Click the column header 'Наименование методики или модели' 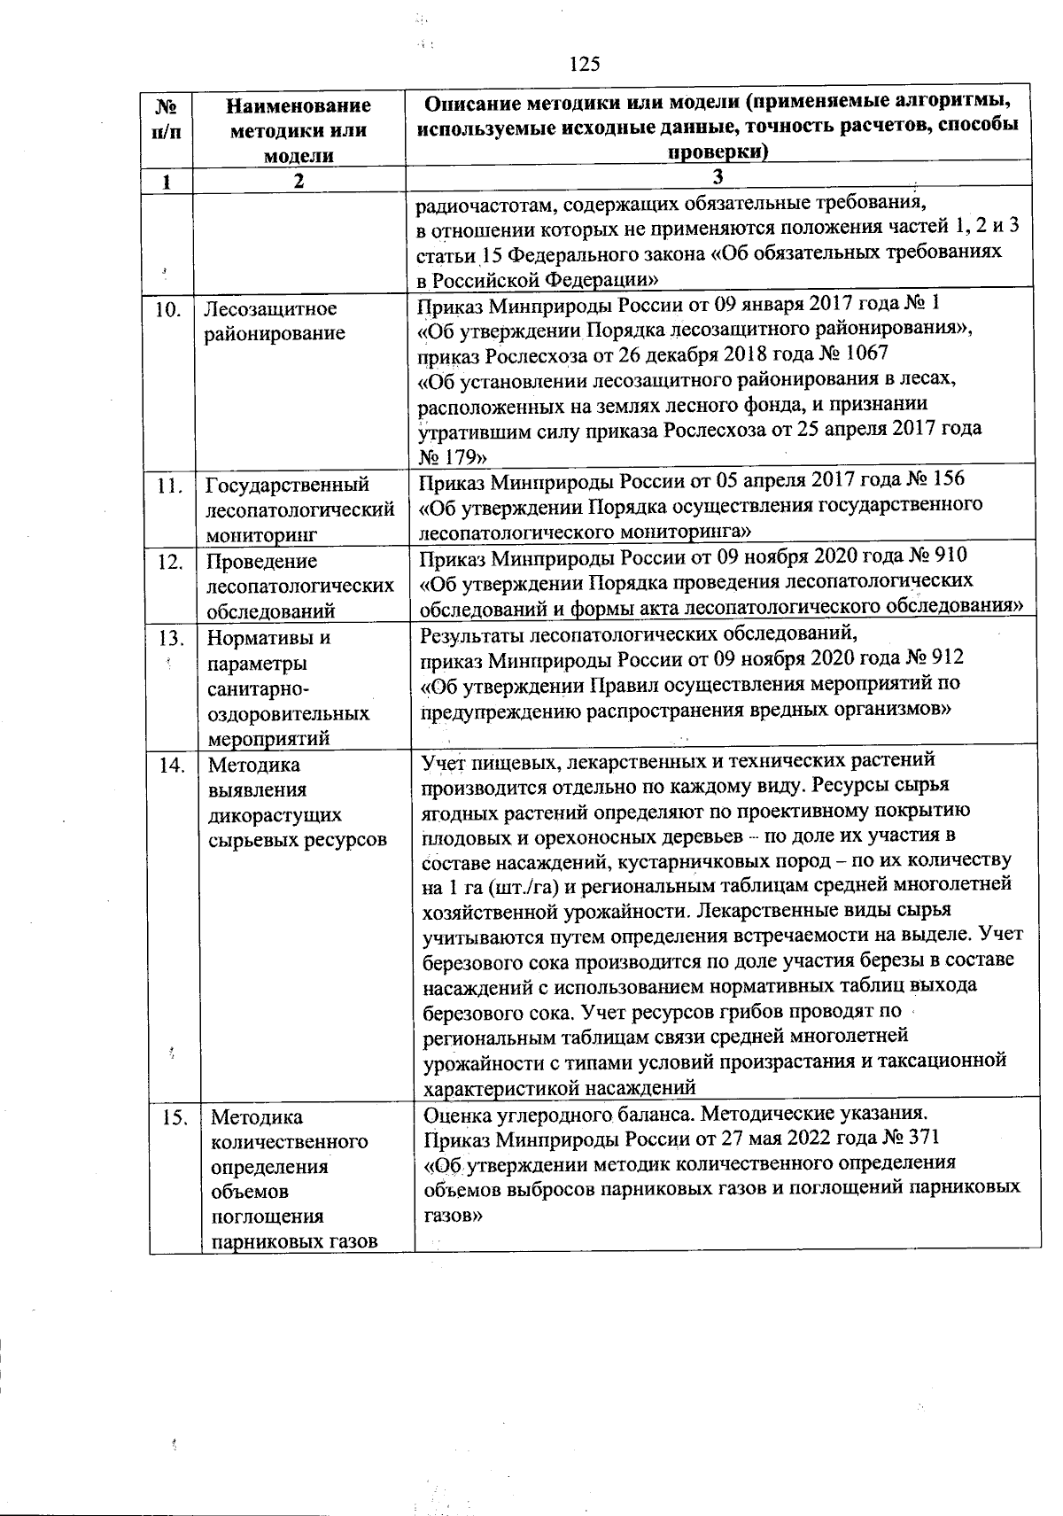tap(299, 130)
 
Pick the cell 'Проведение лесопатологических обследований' tap(299, 586)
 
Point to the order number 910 tap(948, 556)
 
